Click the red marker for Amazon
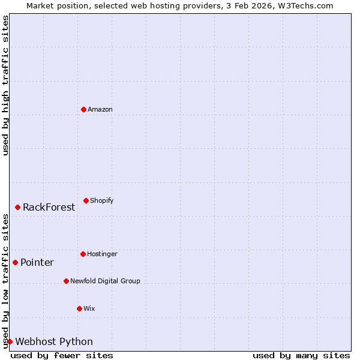pos(83,109)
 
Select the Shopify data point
pos(86,200)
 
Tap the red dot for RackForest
pos(18,207)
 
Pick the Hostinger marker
pos(83,254)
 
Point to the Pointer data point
pos(16,262)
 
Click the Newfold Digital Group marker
pos(66,281)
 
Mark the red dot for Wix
pos(79,308)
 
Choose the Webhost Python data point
pos(10,341)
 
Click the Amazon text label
pos(100,109)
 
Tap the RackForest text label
pos(49,207)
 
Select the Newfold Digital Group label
pos(105,281)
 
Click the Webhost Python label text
pos(54,341)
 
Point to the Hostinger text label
pos(102,254)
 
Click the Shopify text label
pos(102,200)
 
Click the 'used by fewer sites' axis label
pos(62,355)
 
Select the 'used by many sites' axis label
pos(301,355)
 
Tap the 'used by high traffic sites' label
pos(5,85)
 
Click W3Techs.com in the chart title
pos(305,5)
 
